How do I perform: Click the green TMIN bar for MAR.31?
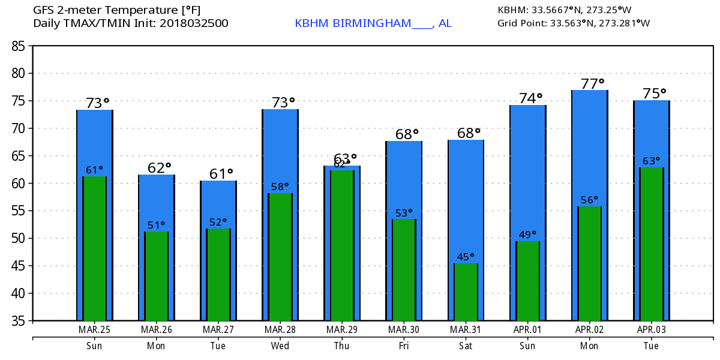click(466, 292)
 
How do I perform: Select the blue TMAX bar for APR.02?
click(590, 144)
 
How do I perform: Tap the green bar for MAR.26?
click(157, 276)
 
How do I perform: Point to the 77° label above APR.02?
click(592, 83)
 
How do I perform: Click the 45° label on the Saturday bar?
click(466, 257)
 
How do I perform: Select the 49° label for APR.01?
click(527, 235)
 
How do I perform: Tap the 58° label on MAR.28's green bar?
click(280, 187)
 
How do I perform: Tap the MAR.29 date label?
click(342, 330)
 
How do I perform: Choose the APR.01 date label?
click(527, 330)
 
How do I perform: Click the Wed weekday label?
click(280, 346)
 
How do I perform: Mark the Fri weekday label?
click(403, 346)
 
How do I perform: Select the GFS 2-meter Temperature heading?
click(117, 10)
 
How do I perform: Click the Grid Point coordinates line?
click(574, 23)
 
